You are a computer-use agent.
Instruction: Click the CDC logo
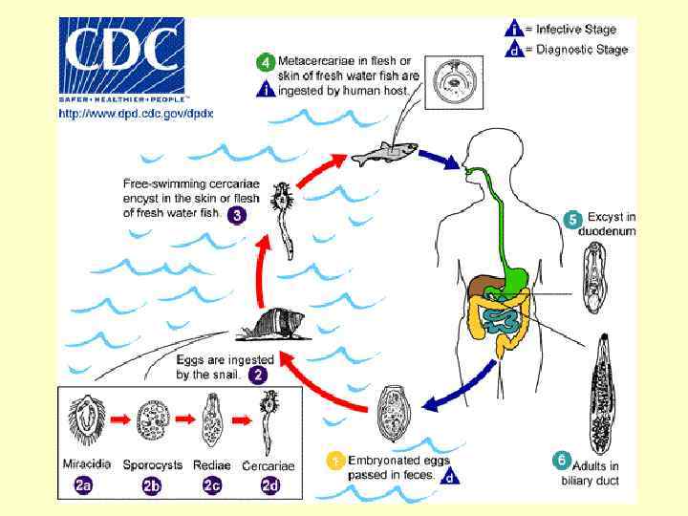tap(121, 58)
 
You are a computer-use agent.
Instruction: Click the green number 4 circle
tap(266, 62)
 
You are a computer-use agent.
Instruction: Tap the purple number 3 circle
tap(236, 215)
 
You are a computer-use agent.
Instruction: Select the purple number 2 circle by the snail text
tap(258, 375)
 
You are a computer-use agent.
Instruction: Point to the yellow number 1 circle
tap(334, 461)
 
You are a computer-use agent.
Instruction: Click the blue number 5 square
tap(573, 220)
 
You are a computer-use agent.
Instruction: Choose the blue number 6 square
tap(563, 460)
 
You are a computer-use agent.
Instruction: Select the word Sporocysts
tap(152, 465)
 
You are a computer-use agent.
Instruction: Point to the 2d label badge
tap(271, 485)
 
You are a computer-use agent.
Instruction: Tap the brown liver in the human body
tap(484, 285)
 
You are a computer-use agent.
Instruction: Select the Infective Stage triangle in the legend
tap(512, 29)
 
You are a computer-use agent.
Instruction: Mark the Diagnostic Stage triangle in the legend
tap(512, 49)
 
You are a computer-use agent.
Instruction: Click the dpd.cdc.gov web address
tap(136, 113)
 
